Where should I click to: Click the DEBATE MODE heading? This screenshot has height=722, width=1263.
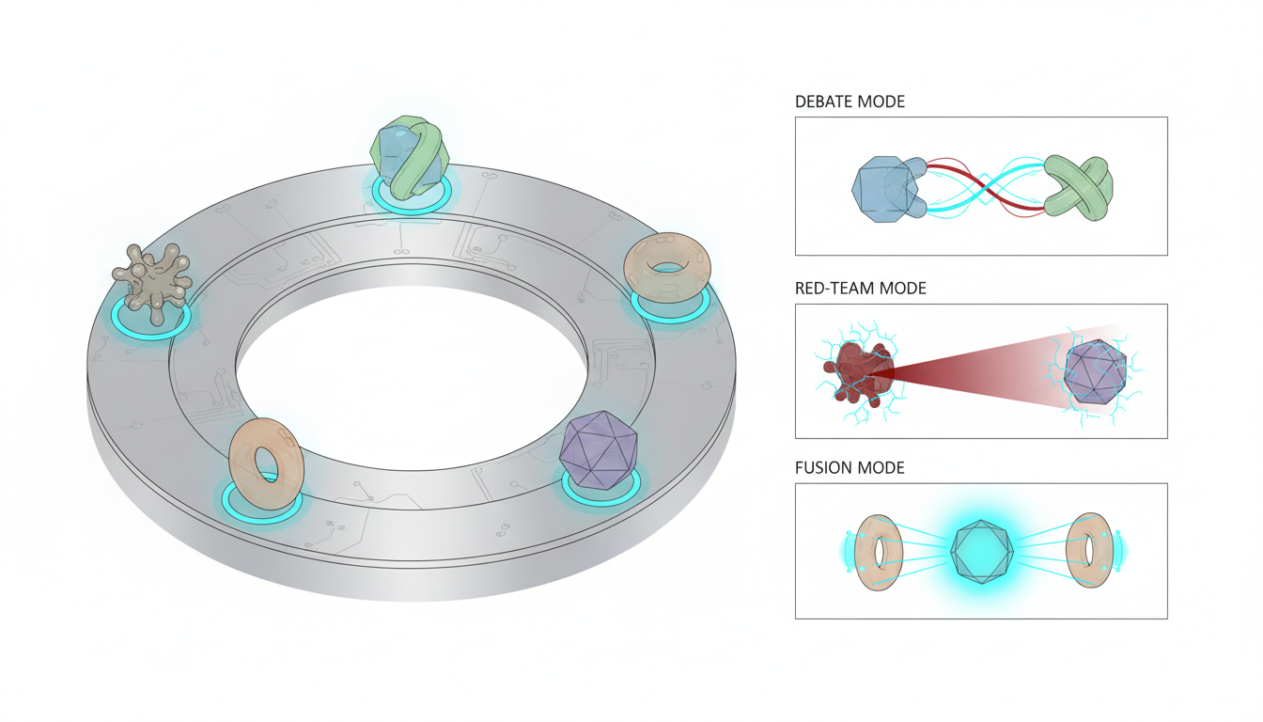click(850, 102)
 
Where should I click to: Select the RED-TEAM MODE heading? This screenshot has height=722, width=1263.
click(860, 289)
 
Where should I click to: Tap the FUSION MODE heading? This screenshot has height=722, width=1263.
click(850, 467)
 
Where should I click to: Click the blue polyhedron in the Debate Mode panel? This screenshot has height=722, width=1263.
click(886, 188)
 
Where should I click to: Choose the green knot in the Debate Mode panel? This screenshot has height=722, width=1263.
click(1079, 189)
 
